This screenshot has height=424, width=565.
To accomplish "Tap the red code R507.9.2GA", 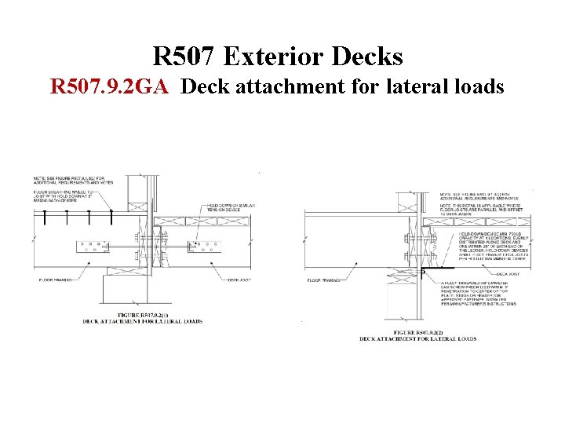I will point(109,86).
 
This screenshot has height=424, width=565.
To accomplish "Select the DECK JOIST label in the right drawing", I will point(480,274).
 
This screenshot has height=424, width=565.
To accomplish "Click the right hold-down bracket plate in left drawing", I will point(205,247).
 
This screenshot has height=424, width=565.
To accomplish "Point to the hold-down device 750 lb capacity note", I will point(487,244).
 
